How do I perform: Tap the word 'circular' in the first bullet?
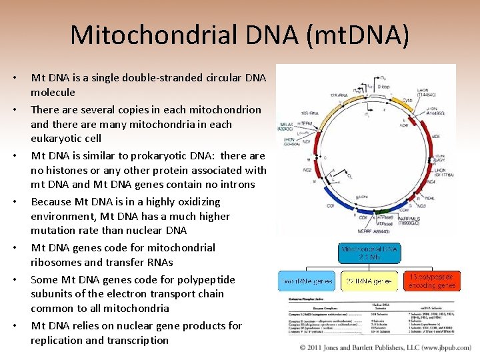coord(203,78)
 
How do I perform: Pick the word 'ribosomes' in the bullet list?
coord(57,262)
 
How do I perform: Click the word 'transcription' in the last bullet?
coord(139,340)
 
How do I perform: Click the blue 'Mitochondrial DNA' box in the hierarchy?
coord(370,253)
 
